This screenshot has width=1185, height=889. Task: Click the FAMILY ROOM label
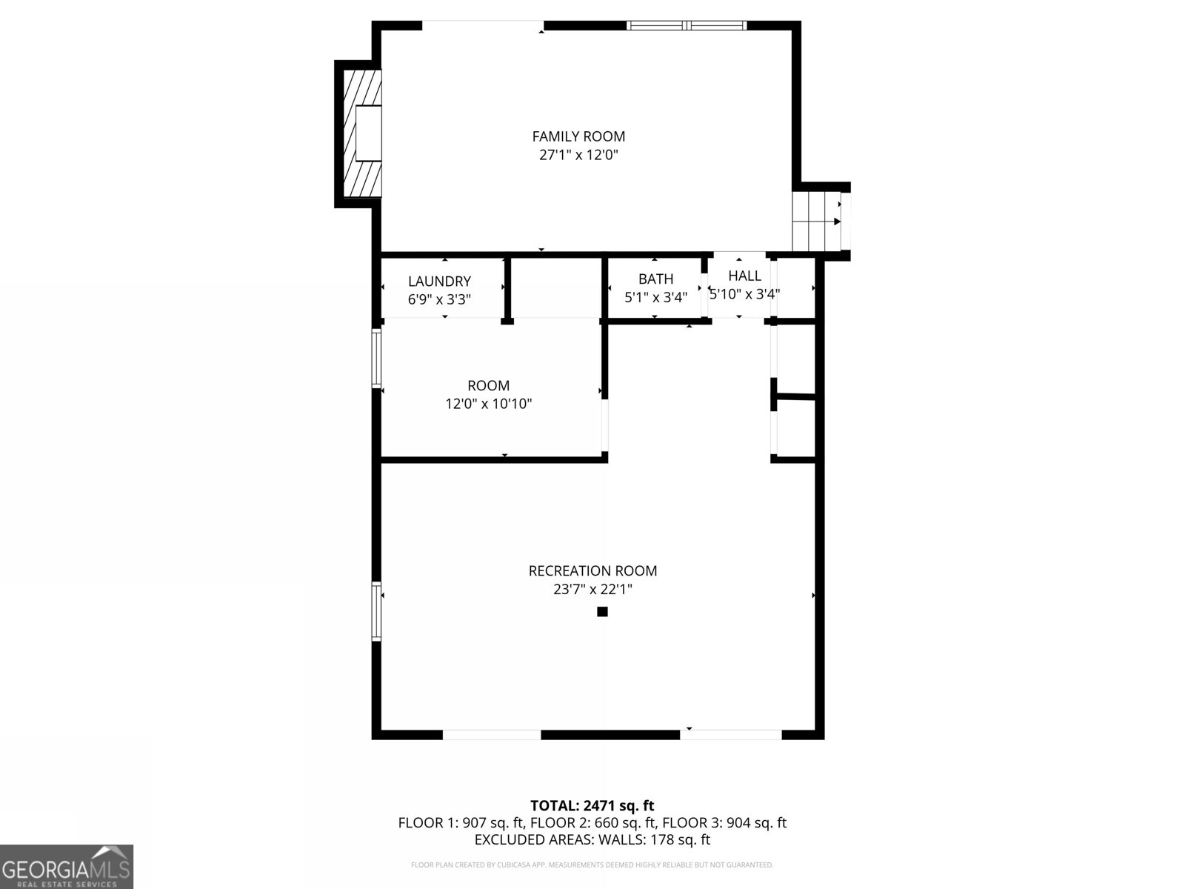point(578,136)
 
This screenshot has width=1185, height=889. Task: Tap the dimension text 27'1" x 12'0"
point(578,156)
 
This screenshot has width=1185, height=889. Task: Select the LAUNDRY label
point(439,282)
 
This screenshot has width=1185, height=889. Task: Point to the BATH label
point(655,279)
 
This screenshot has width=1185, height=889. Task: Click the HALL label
point(744,276)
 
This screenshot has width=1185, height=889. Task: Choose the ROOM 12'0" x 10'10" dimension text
point(488,404)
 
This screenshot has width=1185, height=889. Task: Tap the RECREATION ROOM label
point(592,571)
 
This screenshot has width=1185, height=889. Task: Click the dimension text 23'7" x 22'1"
point(592,590)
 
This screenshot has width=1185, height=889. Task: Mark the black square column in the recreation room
point(602,612)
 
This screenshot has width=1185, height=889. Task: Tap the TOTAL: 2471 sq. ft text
point(592,806)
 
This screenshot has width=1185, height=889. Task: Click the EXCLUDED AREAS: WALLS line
point(592,840)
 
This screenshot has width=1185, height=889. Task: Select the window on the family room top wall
point(687,26)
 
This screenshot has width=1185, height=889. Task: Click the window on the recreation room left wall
point(376,611)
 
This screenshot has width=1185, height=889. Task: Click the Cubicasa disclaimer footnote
point(592,865)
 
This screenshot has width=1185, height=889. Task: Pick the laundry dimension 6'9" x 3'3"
point(439,300)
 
